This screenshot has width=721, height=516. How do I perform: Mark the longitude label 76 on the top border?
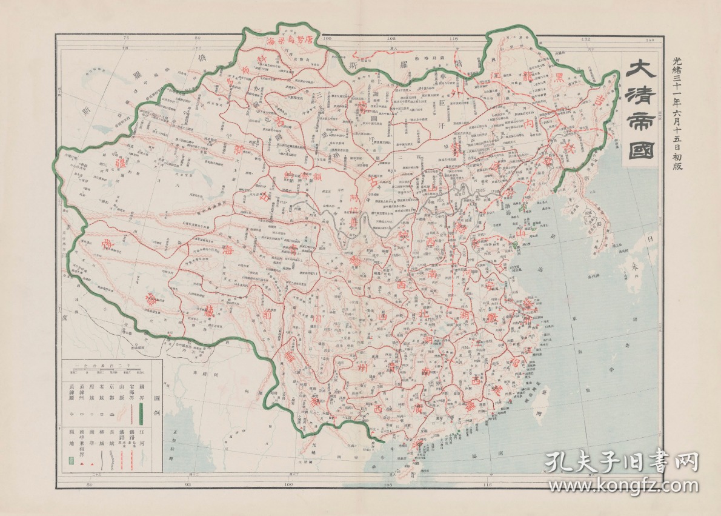(127, 39)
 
